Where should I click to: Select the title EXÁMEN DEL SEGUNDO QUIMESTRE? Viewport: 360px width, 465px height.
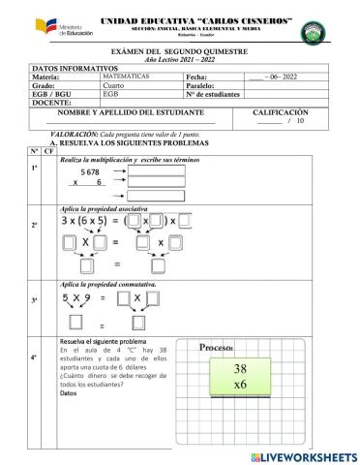click(x=179, y=48)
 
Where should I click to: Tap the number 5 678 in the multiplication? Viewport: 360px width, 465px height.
click(x=97, y=171)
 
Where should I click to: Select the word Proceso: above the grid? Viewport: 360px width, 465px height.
click(x=219, y=347)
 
